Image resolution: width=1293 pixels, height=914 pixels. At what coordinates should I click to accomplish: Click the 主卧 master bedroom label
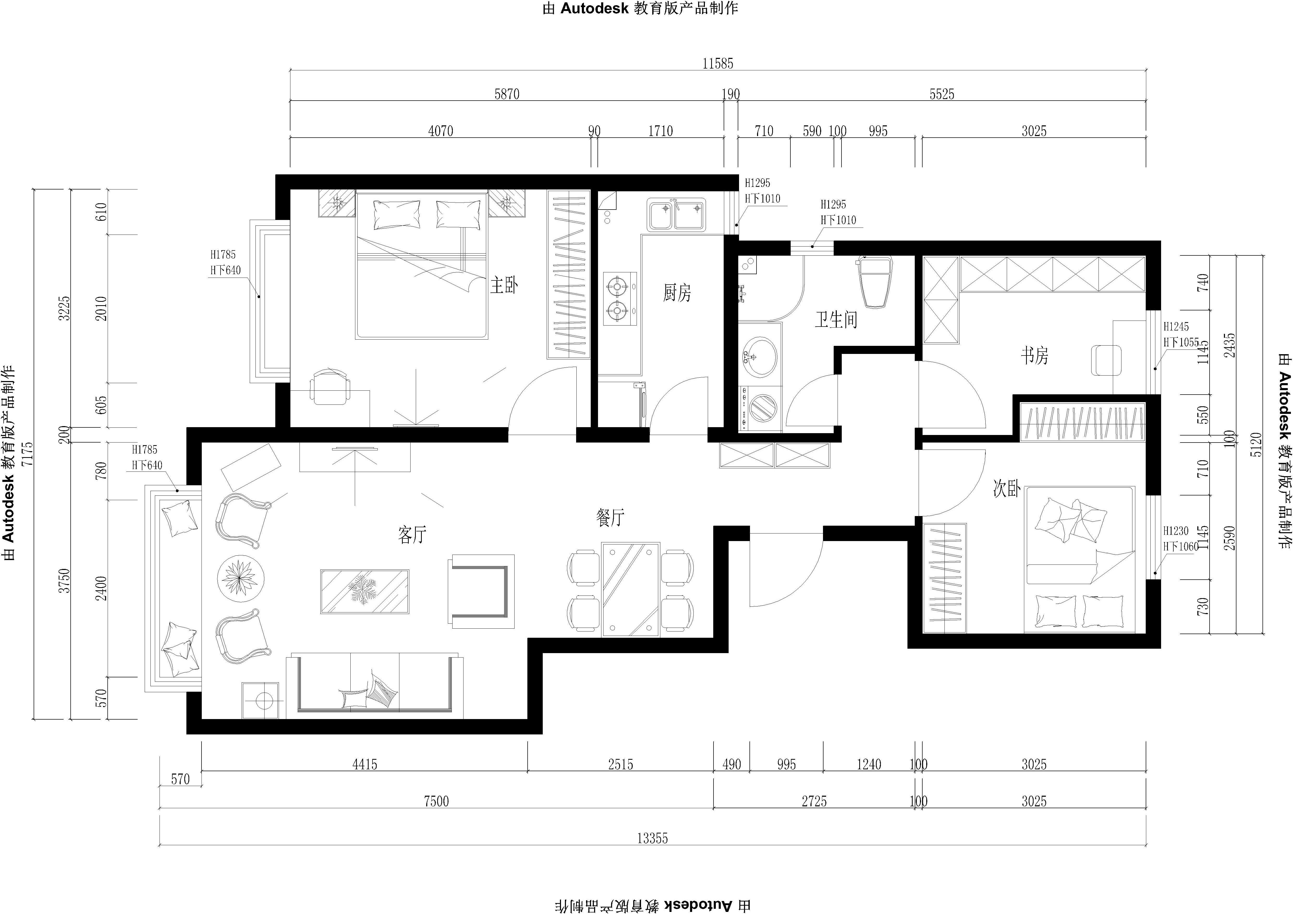pyautogui.click(x=504, y=286)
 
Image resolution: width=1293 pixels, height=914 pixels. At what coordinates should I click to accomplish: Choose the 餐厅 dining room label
pyautogui.click(x=610, y=518)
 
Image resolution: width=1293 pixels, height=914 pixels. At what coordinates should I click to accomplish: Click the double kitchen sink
pyautogui.click(x=676, y=214)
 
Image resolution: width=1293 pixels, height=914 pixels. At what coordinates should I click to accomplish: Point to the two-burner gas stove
pyautogui.click(x=619, y=299)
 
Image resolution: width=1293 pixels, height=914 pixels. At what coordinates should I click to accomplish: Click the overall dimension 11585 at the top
pyautogui.click(x=717, y=64)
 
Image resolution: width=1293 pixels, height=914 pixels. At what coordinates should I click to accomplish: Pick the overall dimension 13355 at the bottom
pyautogui.click(x=652, y=838)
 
